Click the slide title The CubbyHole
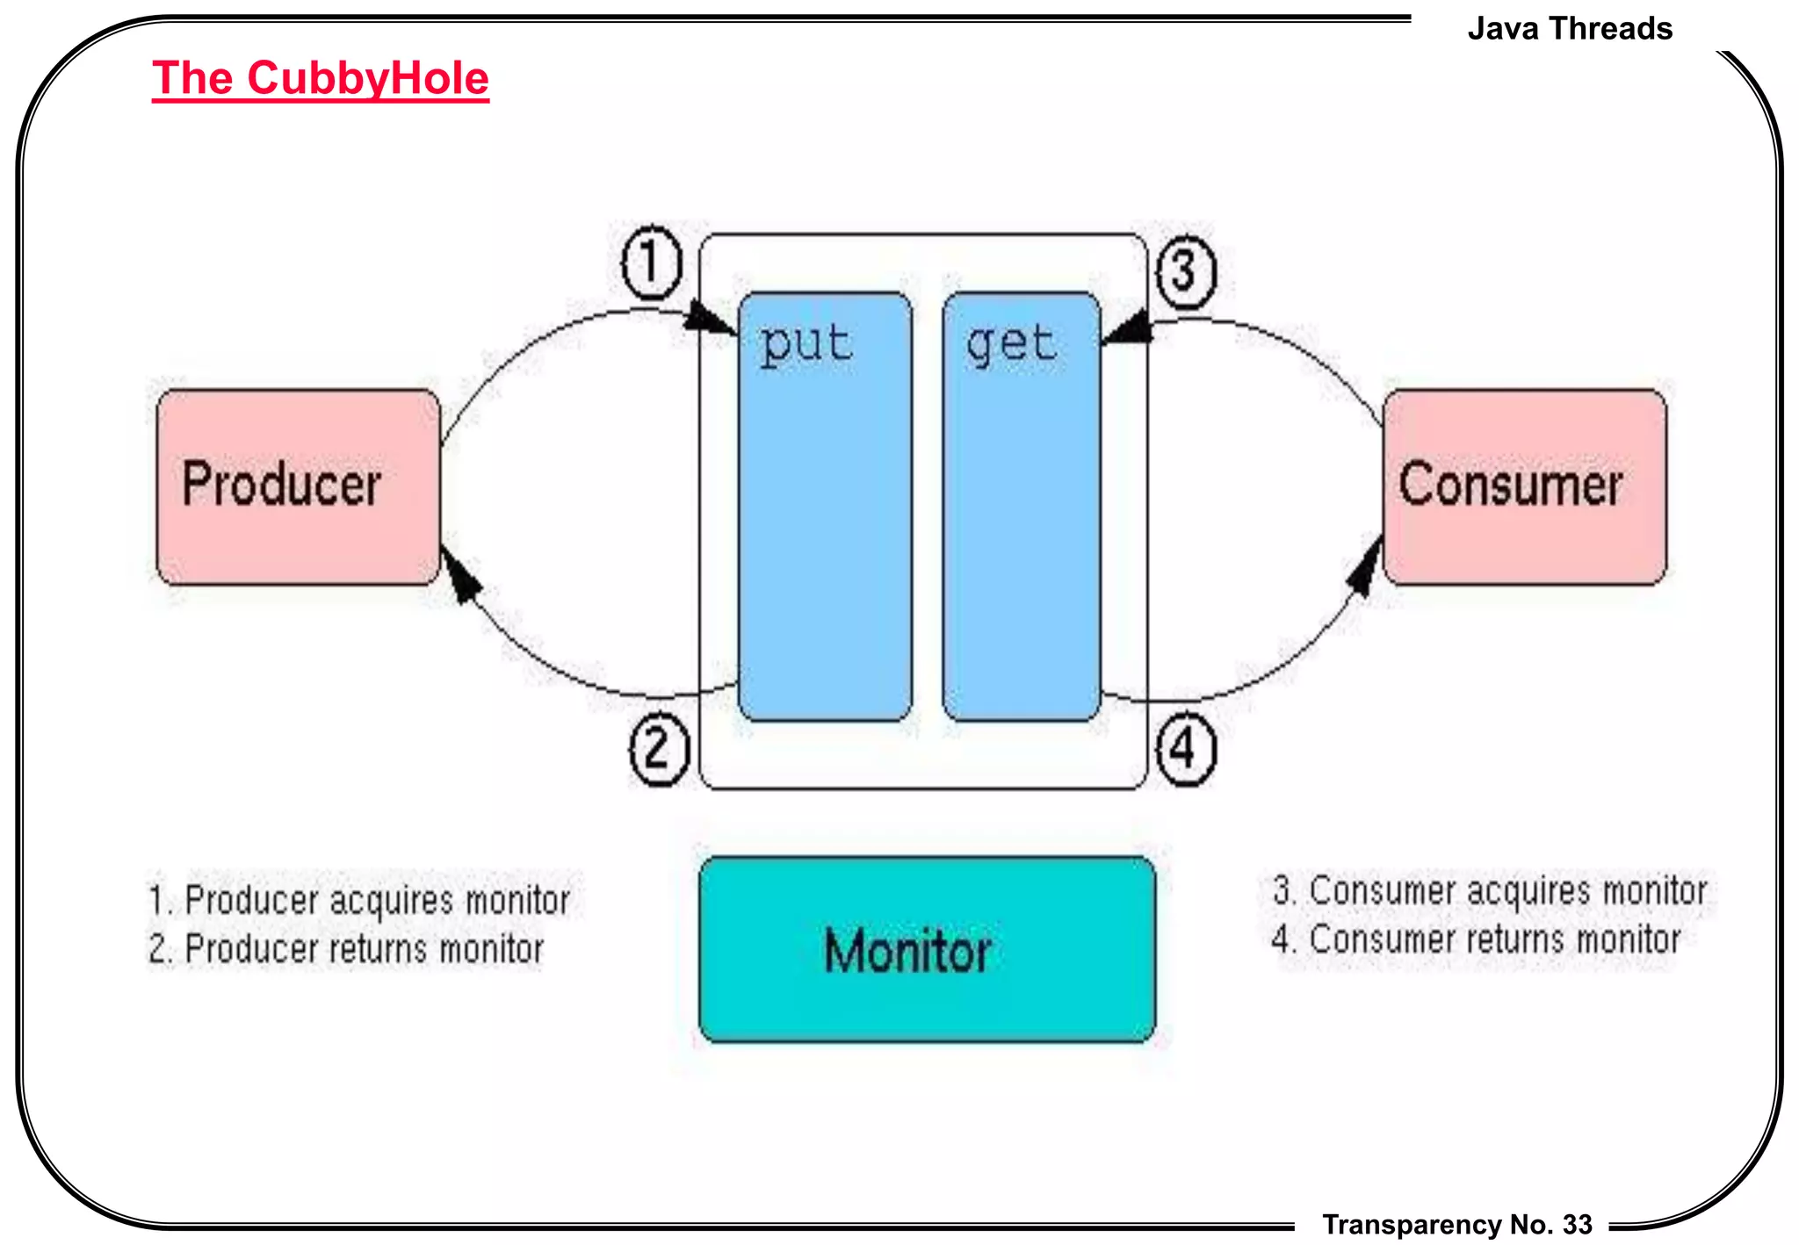pos(320,79)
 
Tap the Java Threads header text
pos(1569,29)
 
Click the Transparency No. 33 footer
pos(1456,1224)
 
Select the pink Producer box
pos(298,487)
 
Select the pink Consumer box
pos(1524,487)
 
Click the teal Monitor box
pos(927,950)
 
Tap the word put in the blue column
pos(806,343)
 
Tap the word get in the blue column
pos(1011,343)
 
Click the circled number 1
pos(651,262)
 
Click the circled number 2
pos(659,750)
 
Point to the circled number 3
pos(1185,271)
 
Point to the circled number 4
pos(1185,750)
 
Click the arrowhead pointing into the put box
pos(710,320)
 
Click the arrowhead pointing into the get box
pos(1127,328)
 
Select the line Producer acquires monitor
pos(359,901)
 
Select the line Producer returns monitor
pos(346,949)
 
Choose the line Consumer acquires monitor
pos(1489,891)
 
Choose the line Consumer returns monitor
pos(1476,939)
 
